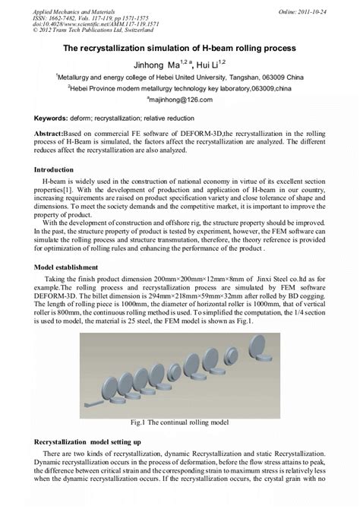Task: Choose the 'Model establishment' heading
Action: click(x=67, y=267)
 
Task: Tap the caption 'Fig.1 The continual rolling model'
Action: click(x=178, y=422)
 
